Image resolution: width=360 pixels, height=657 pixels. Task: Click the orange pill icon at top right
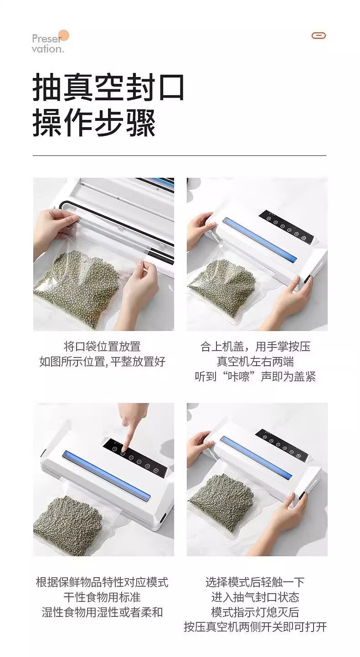click(319, 36)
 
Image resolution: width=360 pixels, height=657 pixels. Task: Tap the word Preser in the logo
click(46, 38)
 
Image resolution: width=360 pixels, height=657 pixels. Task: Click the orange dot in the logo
click(64, 36)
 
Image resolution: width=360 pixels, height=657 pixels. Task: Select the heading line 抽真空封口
click(108, 88)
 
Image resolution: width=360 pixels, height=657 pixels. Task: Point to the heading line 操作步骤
click(94, 123)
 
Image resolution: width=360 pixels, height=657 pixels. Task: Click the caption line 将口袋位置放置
click(102, 347)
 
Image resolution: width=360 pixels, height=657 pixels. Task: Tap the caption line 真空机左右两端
click(255, 362)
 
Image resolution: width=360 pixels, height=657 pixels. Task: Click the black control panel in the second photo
click(287, 226)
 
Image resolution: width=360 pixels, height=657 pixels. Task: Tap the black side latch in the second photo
click(307, 280)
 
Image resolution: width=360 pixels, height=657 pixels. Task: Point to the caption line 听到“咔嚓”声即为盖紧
click(255, 376)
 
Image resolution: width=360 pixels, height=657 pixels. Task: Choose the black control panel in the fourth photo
click(282, 445)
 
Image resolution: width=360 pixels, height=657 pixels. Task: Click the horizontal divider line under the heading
click(180, 155)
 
